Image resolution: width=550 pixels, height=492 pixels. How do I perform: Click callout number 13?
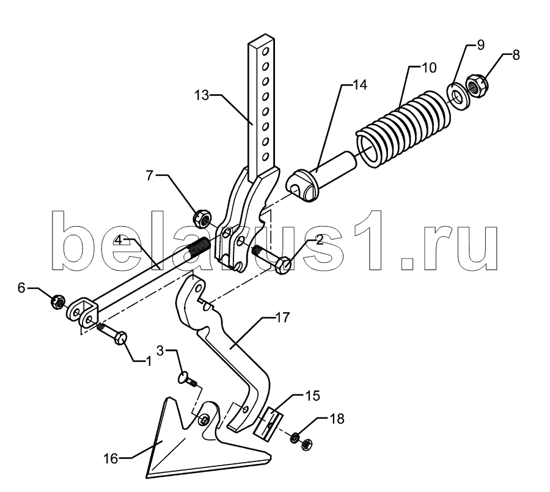(x=202, y=95)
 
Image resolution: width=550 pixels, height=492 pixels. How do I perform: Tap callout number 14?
(x=359, y=85)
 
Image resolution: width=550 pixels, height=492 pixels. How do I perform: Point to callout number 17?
(x=282, y=318)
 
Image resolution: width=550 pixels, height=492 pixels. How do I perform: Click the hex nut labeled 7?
(x=202, y=216)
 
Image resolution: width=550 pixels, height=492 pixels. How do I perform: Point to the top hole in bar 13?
(x=266, y=53)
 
